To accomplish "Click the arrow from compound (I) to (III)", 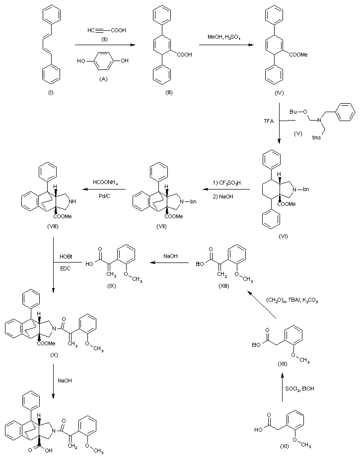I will tap(105, 45).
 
